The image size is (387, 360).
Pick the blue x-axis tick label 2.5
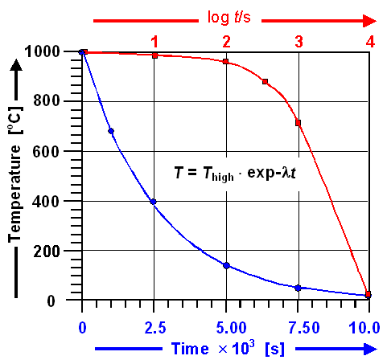(x=154, y=327)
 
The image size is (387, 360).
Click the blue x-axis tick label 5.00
(x=226, y=327)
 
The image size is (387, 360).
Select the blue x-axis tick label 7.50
(x=298, y=327)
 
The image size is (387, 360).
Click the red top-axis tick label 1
(x=154, y=40)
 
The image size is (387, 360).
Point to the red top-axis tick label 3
(x=298, y=40)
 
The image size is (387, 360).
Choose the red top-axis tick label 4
(x=369, y=40)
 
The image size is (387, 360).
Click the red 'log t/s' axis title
(x=227, y=15)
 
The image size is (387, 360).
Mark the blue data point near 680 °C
(x=111, y=131)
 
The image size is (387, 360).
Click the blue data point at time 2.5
(x=154, y=202)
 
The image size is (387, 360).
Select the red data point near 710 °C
(x=298, y=123)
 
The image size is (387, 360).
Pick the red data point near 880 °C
(x=265, y=82)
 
